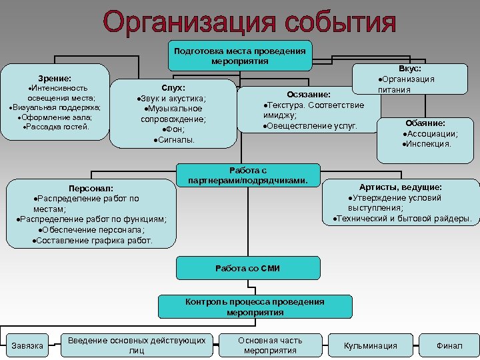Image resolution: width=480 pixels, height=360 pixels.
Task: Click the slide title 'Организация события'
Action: pos(249,23)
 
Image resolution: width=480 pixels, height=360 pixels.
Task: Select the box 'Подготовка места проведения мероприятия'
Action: pos(239,56)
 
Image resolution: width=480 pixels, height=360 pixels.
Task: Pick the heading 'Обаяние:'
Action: pos(425,123)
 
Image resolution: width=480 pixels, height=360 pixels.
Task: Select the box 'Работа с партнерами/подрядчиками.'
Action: pos(248,175)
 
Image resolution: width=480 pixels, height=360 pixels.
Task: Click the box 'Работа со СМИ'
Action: pos(247,268)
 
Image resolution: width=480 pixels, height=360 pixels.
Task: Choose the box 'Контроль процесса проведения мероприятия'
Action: pos(255,307)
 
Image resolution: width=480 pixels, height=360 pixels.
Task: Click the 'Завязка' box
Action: pos(27,345)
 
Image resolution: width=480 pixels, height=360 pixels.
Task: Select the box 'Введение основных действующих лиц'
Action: pos(137,345)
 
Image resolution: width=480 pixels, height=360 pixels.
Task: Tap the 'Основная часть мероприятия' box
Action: pos(270,345)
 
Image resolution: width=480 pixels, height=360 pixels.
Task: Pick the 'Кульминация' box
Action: pos(370,345)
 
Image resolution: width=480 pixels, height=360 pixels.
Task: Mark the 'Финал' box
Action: pos(449,345)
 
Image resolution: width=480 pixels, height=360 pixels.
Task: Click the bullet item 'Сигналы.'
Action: pos(174,141)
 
